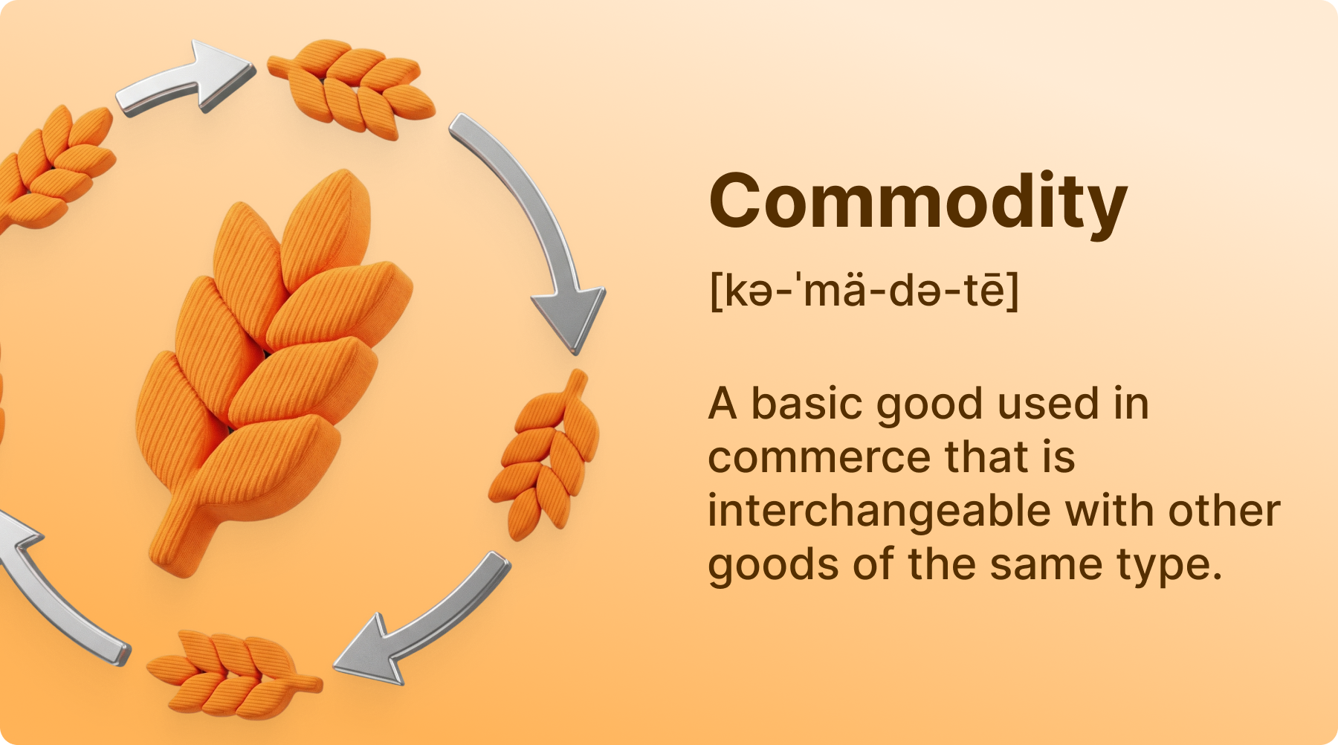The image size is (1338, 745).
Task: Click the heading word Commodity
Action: coord(918,202)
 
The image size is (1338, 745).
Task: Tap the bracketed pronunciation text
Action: coord(864,290)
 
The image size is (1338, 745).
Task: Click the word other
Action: coord(1224,511)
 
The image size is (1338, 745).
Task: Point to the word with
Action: coord(1109,511)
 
